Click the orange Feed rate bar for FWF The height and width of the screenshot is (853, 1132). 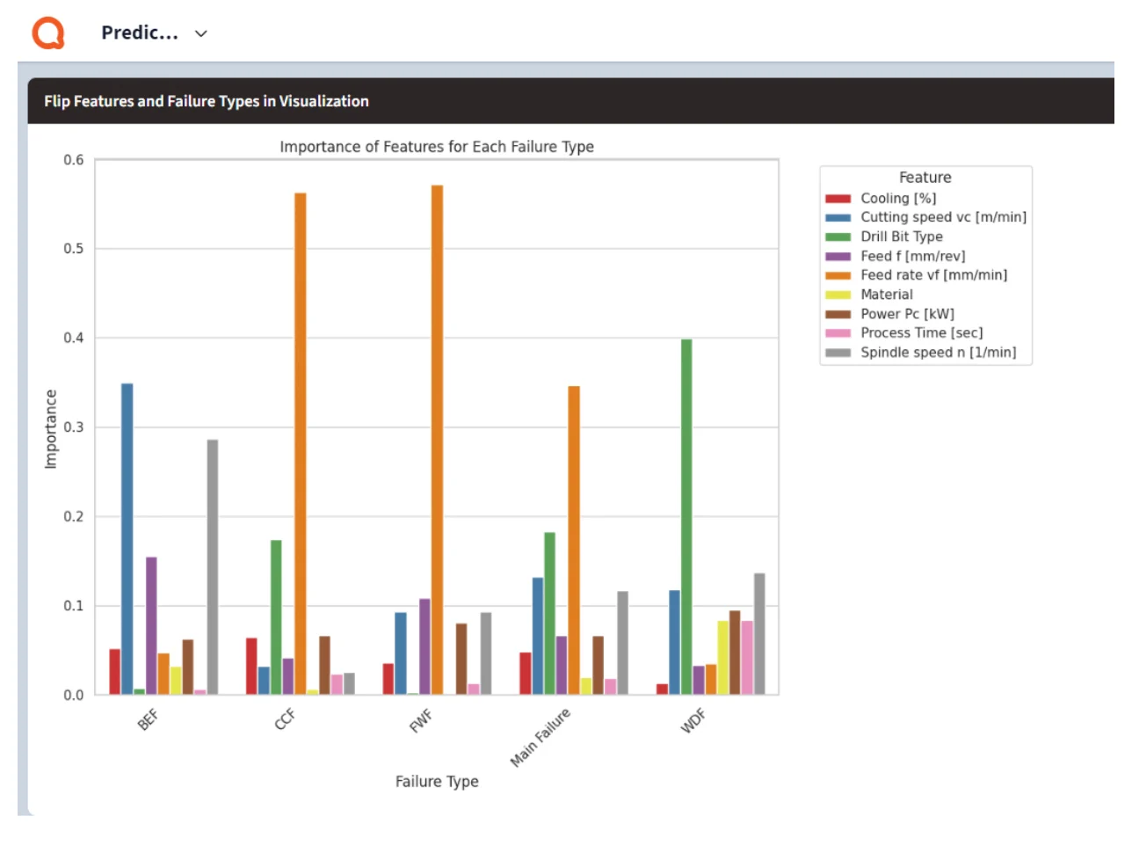click(437, 439)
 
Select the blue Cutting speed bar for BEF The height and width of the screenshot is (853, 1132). click(127, 538)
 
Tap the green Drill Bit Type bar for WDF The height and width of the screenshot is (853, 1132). click(686, 516)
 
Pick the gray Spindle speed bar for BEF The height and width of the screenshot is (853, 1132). click(213, 566)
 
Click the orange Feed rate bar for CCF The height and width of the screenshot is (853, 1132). click(301, 443)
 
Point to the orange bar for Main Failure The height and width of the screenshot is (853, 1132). click(574, 540)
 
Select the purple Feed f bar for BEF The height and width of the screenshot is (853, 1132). click(151, 625)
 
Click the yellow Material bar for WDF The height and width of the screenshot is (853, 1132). click(722, 657)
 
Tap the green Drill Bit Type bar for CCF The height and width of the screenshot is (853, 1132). click(276, 616)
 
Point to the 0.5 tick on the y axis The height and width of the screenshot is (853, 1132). click(73, 249)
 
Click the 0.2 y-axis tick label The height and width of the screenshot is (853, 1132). click(73, 516)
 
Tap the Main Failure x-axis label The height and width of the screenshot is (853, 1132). click(540, 737)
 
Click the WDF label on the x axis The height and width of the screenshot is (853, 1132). click(693, 720)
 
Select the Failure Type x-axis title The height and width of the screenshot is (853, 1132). click(437, 781)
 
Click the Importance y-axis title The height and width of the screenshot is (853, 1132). click(50, 428)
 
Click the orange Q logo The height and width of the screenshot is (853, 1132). click(48, 33)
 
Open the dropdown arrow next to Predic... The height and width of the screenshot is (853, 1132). click(200, 33)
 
